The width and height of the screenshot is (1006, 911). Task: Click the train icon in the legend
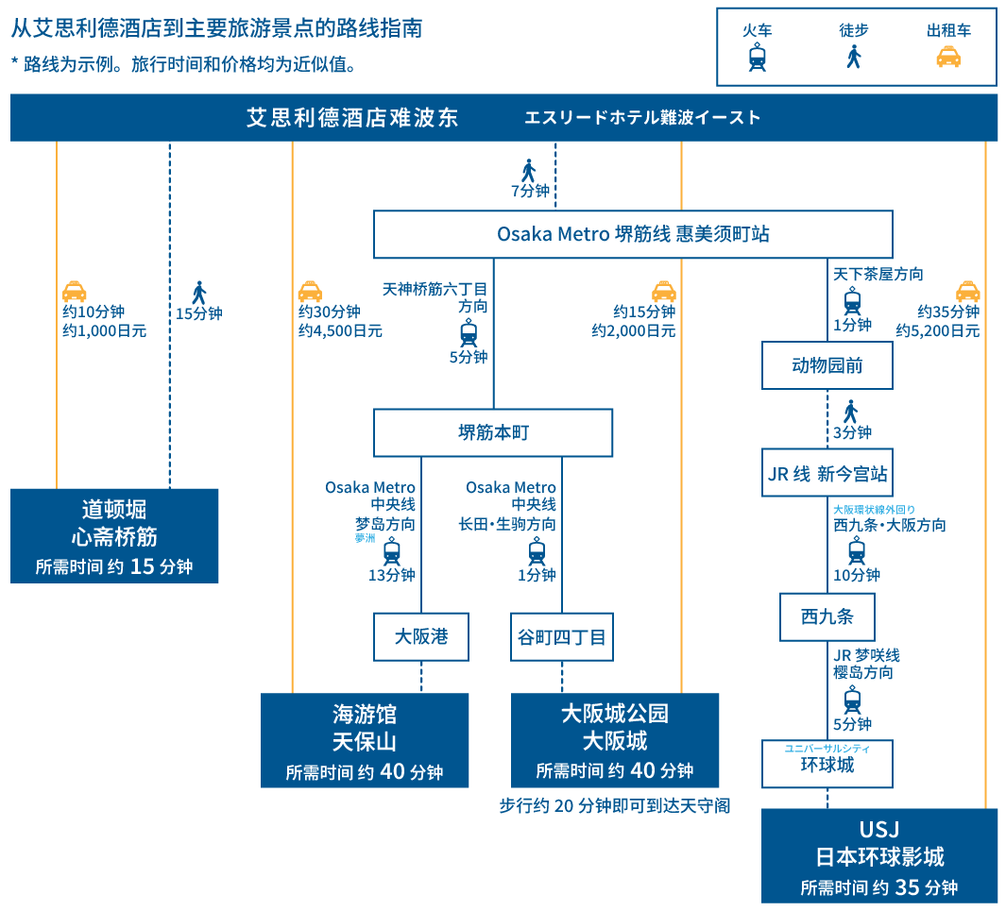[758, 58]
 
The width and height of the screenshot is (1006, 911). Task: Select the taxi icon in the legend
[948, 58]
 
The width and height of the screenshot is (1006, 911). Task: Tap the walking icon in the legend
[853, 57]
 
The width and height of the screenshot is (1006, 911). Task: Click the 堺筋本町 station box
[493, 432]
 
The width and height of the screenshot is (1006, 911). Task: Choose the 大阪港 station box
[421, 636]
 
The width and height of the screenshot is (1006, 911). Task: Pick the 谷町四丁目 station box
[562, 636]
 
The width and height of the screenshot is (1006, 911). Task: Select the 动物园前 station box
[827, 365]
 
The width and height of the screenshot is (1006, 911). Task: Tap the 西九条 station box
[827, 616]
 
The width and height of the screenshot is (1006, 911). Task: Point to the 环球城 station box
[827, 764]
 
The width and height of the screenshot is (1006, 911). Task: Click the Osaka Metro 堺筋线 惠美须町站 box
[633, 234]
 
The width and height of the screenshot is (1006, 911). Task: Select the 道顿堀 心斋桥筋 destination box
[114, 535]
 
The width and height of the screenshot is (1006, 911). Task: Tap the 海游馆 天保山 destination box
[365, 740]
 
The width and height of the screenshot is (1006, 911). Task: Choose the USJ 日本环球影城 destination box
[879, 855]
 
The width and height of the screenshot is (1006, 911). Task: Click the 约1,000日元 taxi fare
[105, 331]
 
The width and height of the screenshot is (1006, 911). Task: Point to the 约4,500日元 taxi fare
[340, 331]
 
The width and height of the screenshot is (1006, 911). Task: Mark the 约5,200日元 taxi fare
[938, 331]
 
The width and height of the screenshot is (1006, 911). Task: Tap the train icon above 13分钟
[392, 551]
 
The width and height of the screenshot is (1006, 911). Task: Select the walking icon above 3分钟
[851, 412]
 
